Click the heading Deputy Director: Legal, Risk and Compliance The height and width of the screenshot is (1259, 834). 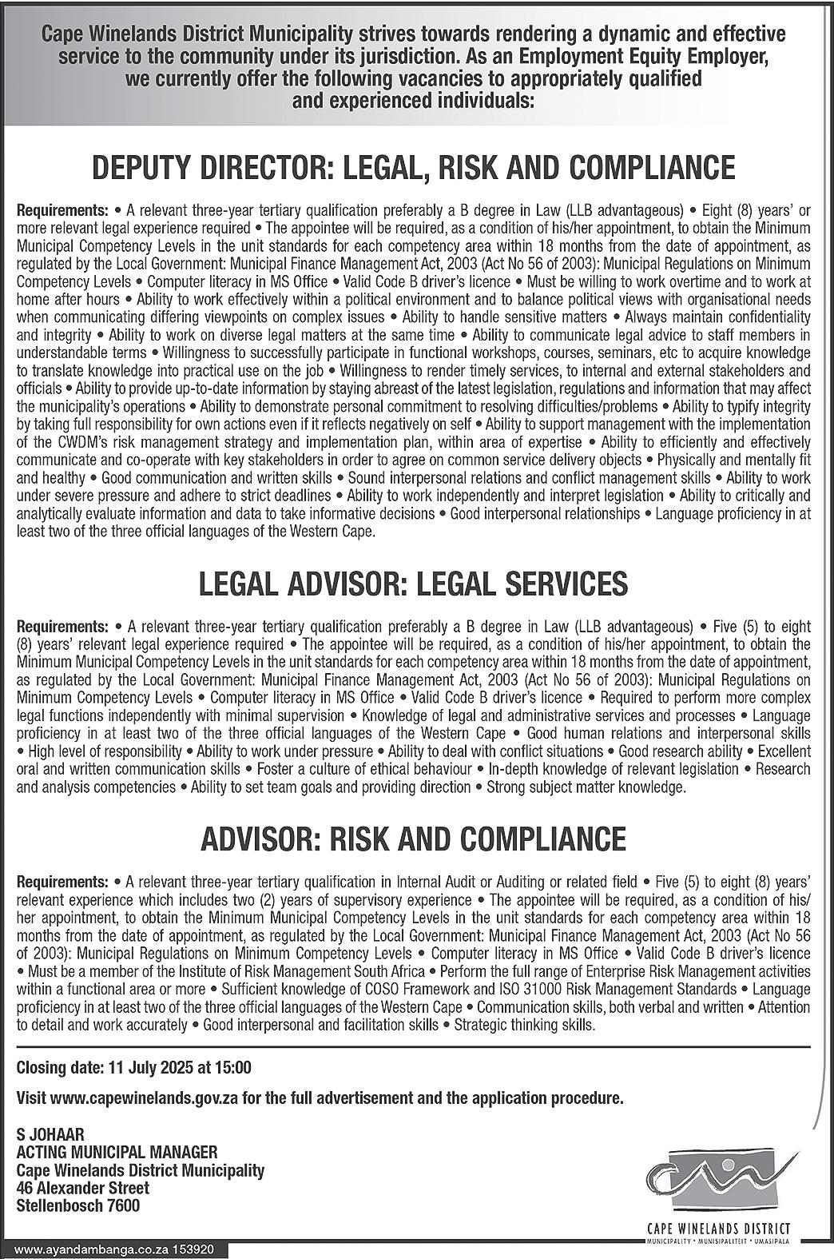click(414, 168)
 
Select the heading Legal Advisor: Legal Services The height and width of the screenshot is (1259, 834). click(414, 584)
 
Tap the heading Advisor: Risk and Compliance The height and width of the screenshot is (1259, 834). click(414, 839)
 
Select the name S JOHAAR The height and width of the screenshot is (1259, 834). click(50, 1134)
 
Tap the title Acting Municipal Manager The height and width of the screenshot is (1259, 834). click(117, 1152)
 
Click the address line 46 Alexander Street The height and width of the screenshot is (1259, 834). click(83, 1188)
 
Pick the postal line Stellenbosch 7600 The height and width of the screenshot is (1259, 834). click(78, 1205)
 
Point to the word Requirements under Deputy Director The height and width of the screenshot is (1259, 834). click(62, 211)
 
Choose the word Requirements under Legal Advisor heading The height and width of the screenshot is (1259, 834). click(62, 626)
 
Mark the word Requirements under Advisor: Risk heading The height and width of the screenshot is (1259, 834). click(62, 882)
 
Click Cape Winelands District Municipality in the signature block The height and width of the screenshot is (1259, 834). click(141, 1170)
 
